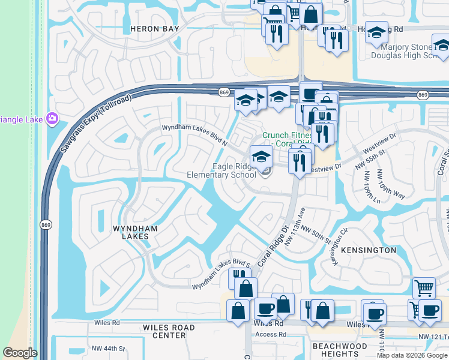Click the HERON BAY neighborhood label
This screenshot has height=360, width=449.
(148, 29)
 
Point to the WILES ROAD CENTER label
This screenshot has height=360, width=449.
(169, 332)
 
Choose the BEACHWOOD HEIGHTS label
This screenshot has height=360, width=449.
(340, 350)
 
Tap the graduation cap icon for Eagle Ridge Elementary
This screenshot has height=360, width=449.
(261, 157)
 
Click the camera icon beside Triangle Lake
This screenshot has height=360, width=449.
(52, 118)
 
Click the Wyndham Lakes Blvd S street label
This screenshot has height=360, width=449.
(220, 275)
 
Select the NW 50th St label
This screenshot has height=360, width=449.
(316, 235)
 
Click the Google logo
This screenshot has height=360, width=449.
(20, 353)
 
